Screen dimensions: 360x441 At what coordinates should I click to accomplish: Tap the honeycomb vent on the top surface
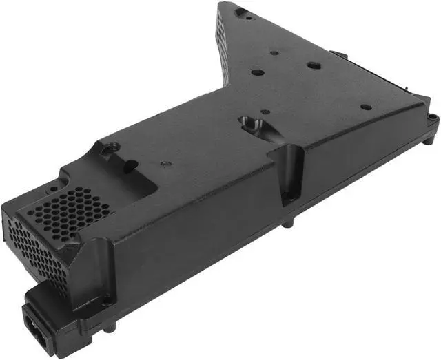click(x=76, y=207)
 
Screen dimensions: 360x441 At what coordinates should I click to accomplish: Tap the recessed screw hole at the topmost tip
click(x=240, y=12)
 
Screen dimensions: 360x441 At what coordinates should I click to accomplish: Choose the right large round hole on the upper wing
click(x=314, y=66)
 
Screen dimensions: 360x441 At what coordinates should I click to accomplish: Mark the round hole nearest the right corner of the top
click(x=367, y=107)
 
